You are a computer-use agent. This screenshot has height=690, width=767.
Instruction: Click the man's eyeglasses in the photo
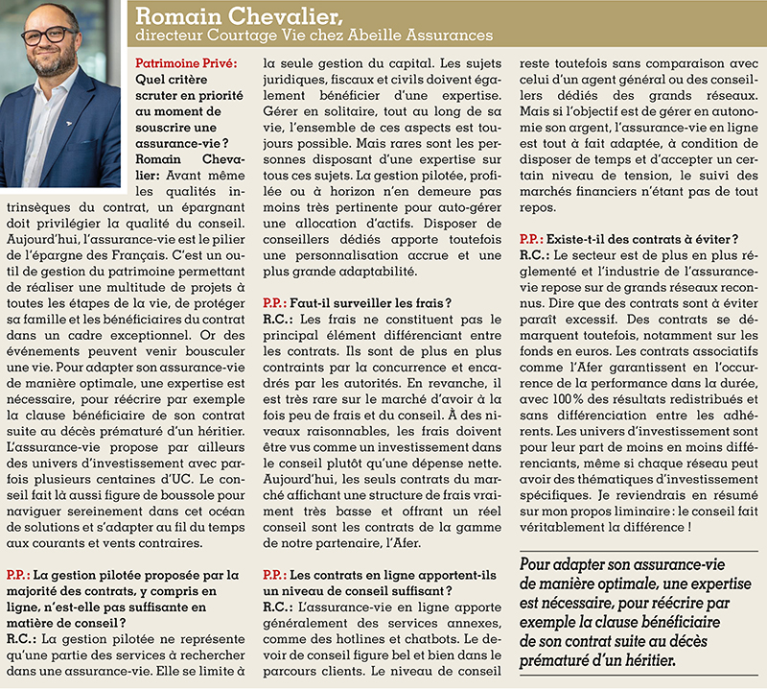(x=47, y=36)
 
